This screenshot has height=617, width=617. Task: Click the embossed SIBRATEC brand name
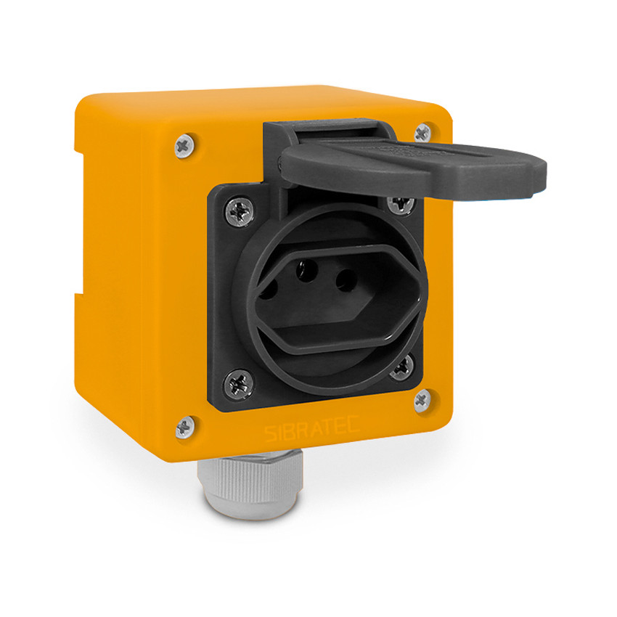[x=311, y=428]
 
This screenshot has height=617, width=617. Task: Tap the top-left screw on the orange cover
[x=184, y=146]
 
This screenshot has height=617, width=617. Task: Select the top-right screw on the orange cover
[x=422, y=133]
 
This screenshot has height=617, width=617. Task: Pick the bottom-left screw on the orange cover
[x=185, y=427]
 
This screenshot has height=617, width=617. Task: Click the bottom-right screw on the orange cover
[x=422, y=401]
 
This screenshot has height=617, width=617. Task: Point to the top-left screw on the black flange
[x=240, y=211]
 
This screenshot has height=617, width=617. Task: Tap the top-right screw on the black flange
[x=401, y=204]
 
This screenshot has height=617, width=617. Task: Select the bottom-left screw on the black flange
[x=239, y=384]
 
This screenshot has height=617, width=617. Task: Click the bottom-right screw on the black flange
[x=401, y=367]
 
